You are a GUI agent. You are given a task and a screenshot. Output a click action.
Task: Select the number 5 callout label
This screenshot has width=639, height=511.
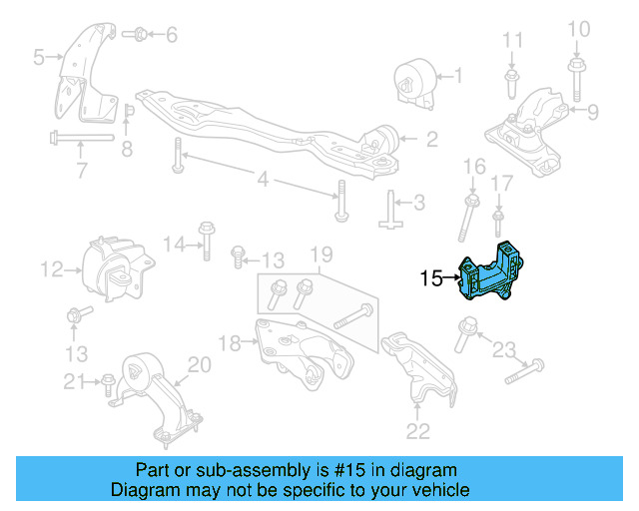point(38,58)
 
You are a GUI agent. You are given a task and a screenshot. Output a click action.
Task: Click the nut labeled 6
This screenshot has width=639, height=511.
point(140,35)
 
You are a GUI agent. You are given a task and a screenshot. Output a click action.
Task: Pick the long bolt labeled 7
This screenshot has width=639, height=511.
point(81,138)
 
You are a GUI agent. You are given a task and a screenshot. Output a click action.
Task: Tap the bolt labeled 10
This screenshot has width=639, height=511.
point(578,71)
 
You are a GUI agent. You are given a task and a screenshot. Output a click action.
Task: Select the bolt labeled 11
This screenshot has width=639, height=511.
point(511,78)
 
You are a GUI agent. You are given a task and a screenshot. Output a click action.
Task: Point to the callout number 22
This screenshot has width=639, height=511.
point(417,431)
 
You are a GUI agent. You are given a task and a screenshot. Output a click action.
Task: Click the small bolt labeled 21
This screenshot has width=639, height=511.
point(107,380)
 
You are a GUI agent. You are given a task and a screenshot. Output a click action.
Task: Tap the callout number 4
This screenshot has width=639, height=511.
point(262,181)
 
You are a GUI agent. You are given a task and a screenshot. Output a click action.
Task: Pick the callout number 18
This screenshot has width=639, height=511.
point(229,343)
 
